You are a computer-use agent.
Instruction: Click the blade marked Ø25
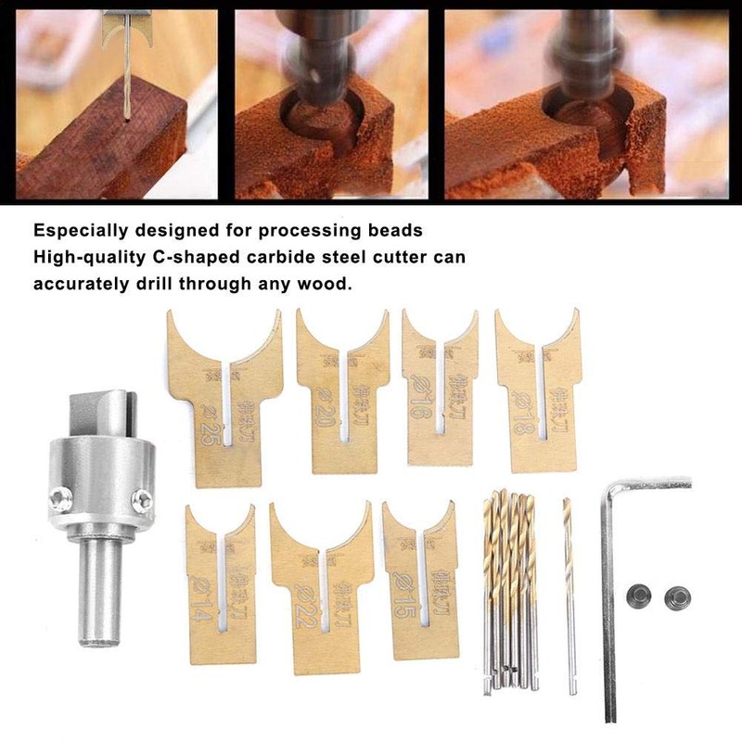tap(223, 408)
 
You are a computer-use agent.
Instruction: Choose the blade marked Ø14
tap(221, 594)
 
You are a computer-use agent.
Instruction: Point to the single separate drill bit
tap(569, 594)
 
